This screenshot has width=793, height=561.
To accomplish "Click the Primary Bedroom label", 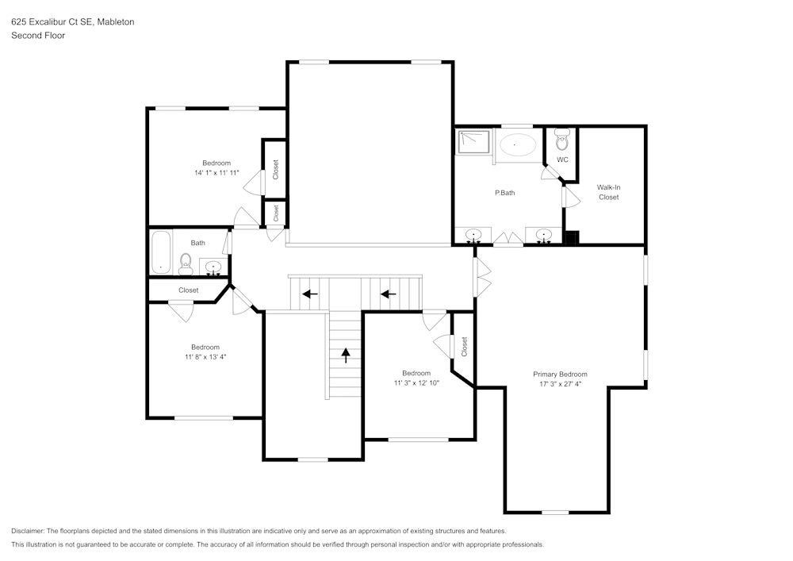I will click(560, 374).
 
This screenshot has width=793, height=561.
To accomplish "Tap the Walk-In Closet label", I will click(608, 192).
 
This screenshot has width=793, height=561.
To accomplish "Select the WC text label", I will click(562, 159).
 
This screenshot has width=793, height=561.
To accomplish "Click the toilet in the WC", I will click(562, 141).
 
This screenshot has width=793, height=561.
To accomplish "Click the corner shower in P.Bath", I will click(473, 142).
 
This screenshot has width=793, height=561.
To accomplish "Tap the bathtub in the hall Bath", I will click(161, 251).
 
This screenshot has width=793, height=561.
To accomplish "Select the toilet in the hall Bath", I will click(186, 263).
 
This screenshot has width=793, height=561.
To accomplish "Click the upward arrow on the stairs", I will click(346, 354).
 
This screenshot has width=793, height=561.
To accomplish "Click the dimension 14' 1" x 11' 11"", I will click(216, 172).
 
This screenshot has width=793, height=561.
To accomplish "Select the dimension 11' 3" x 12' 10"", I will click(416, 382).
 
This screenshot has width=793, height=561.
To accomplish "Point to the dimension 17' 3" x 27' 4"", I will click(560, 384).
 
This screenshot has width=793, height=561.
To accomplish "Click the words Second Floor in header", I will click(38, 35).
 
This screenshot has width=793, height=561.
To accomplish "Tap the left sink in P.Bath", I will click(473, 235).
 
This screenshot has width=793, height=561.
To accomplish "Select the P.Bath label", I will click(505, 192).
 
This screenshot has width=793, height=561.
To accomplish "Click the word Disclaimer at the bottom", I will click(28, 531).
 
